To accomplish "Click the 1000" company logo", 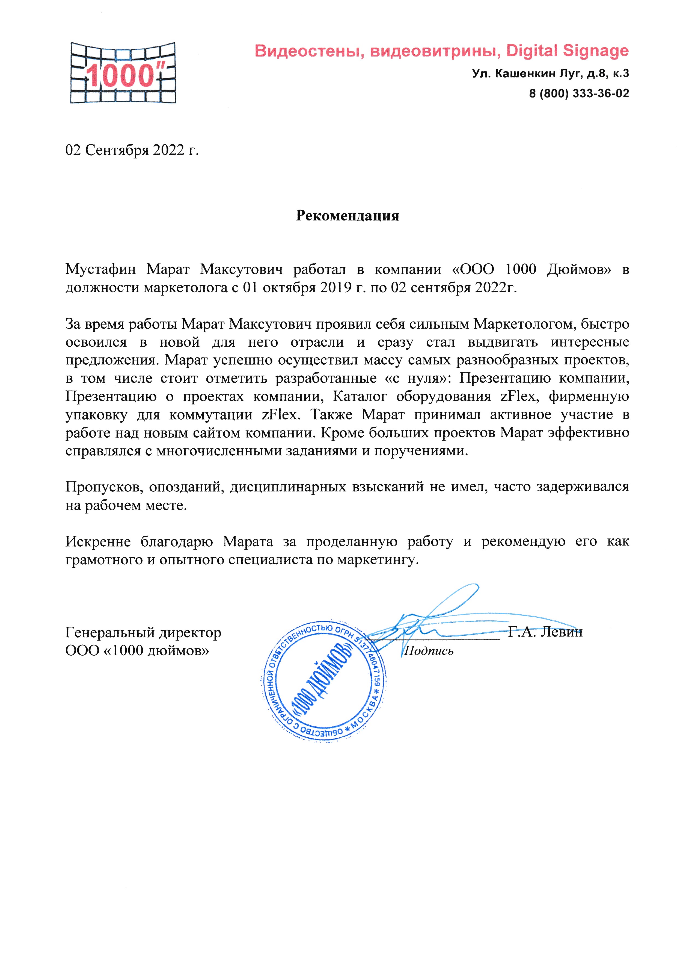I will tap(123, 73).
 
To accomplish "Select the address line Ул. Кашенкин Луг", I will tap(550, 74).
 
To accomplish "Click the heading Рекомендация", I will tap(347, 216).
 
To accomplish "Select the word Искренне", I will tap(98, 542).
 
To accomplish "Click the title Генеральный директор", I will tap(143, 633).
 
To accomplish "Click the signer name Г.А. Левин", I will tap(545, 632).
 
